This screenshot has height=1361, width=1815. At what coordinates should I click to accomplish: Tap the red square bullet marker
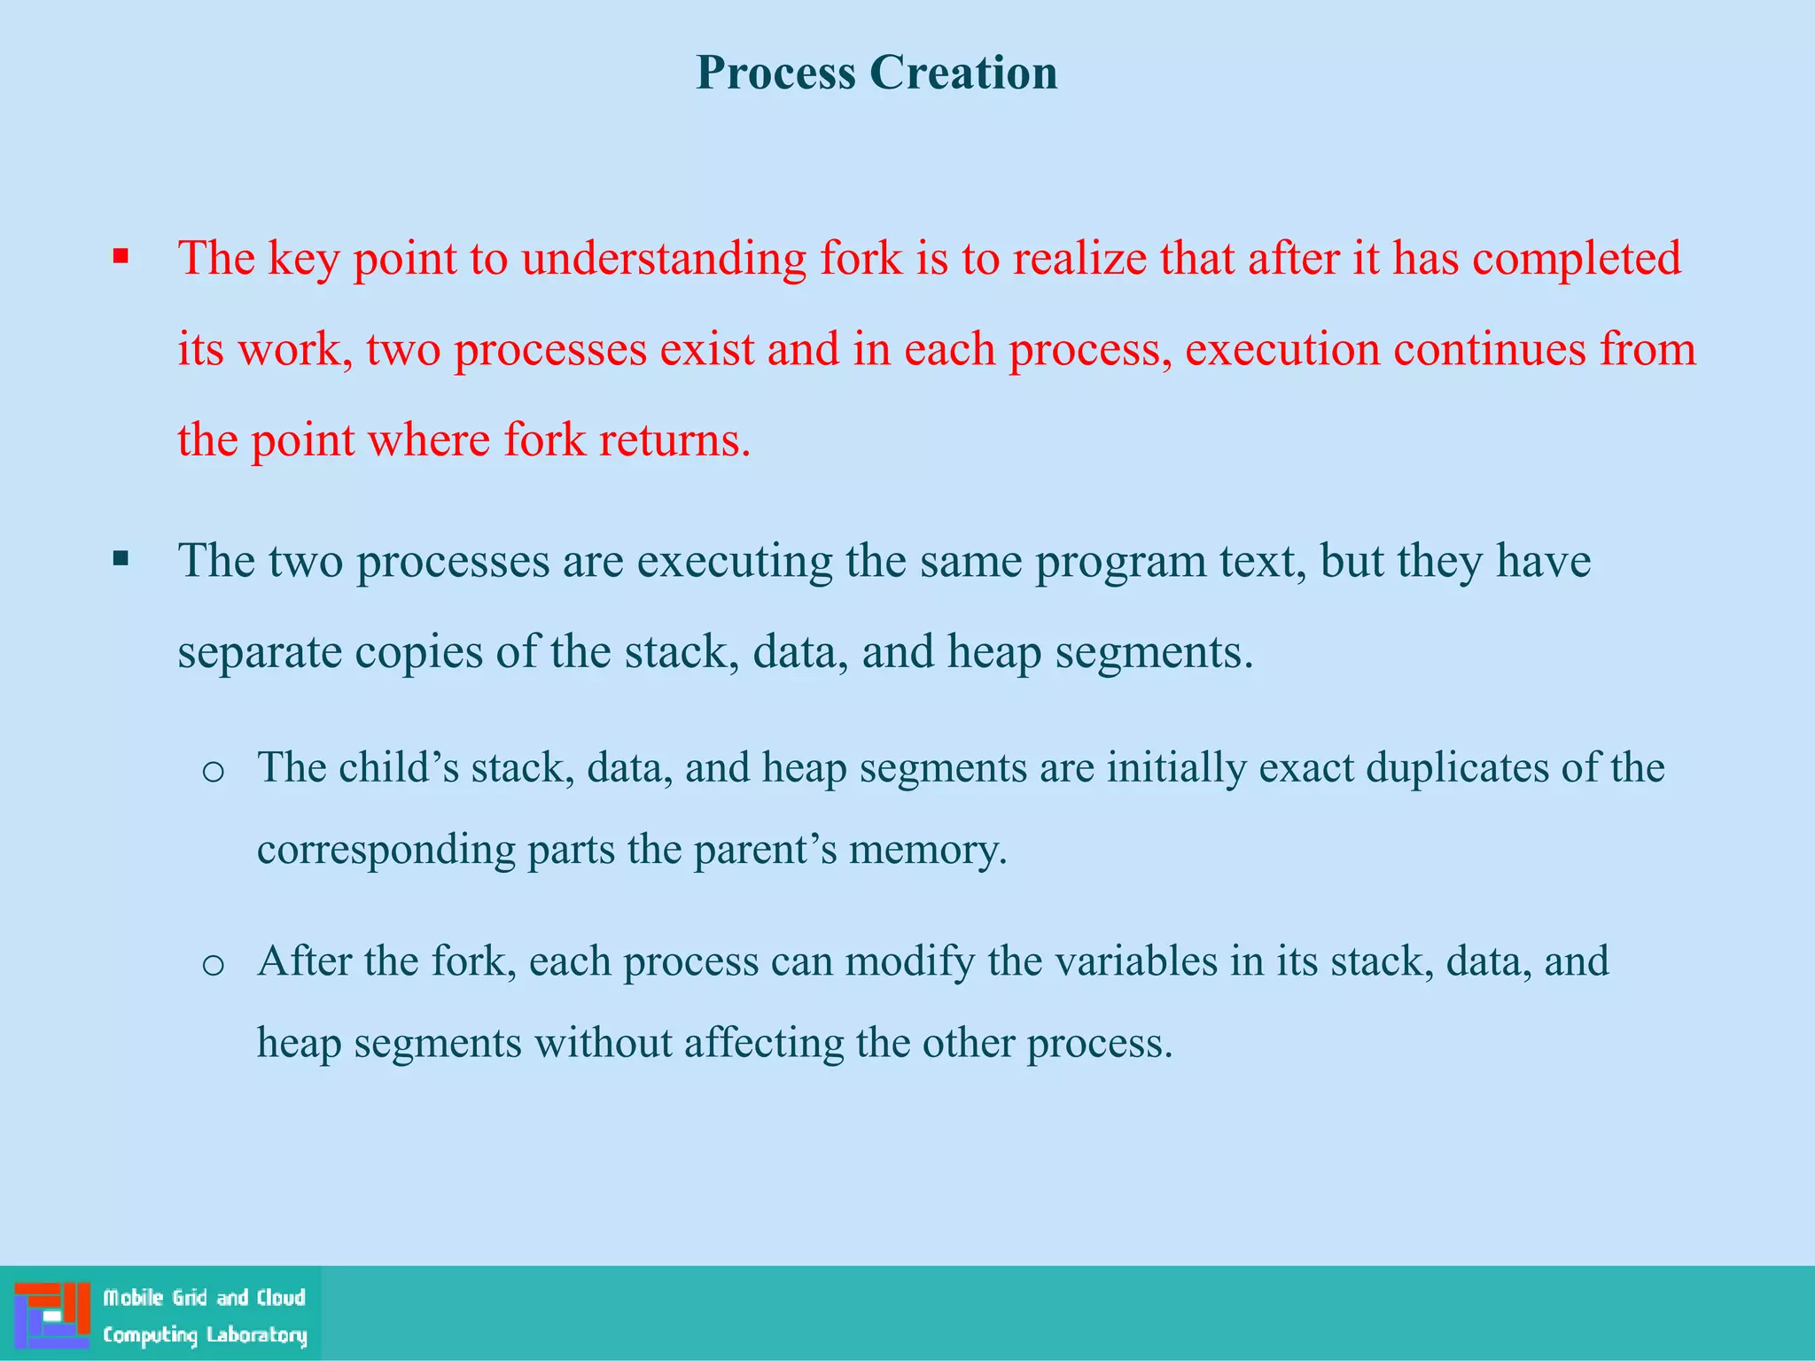pyautogui.click(x=121, y=258)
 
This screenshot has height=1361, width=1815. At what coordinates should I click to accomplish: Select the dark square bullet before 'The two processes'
pyautogui.click(x=121, y=559)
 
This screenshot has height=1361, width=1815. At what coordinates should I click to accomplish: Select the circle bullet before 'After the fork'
pyautogui.click(x=213, y=964)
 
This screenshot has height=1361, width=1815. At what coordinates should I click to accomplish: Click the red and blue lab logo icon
pyautogui.click(x=51, y=1314)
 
